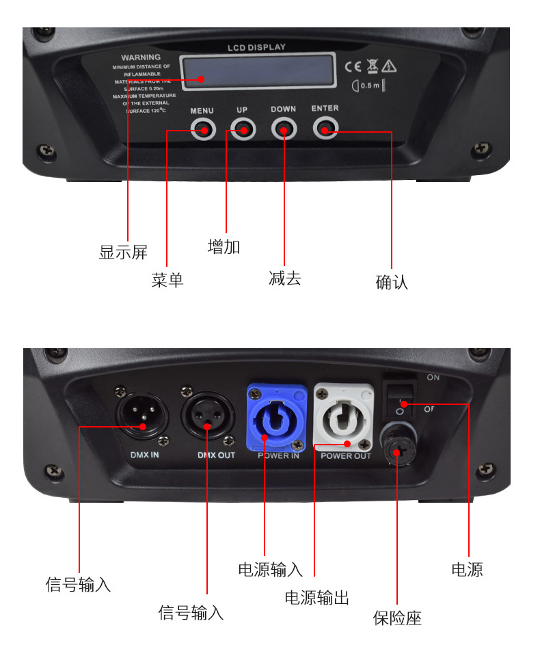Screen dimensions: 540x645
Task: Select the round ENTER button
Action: coord(325,128)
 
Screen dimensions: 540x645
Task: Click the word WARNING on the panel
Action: coord(141,57)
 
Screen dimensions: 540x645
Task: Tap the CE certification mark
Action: coord(353,66)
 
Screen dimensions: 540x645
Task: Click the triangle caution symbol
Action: coord(390,66)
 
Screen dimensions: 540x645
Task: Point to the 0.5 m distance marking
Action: coord(368,85)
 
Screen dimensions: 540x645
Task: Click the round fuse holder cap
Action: coord(401,445)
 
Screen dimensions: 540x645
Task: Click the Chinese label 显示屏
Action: coord(123,252)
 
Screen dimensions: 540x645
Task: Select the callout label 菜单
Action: coord(167,280)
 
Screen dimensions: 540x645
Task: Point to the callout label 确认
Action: coord(392,282)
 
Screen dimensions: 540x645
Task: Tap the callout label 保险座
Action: coord(397,618)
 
